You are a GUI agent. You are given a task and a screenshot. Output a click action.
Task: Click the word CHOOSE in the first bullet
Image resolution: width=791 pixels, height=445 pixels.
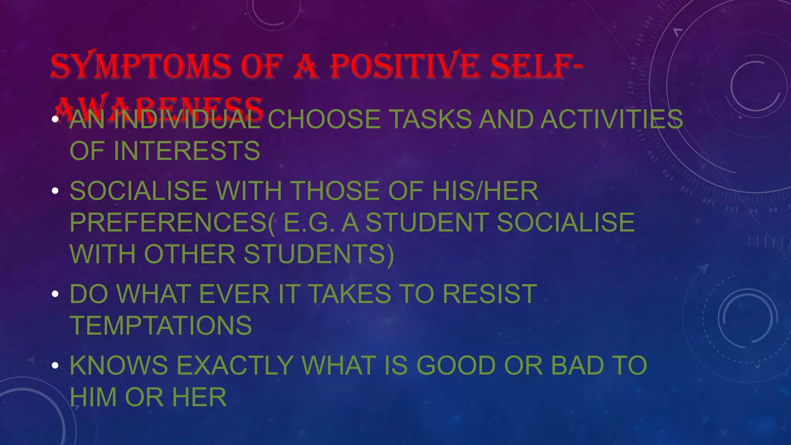[x=324, y=119]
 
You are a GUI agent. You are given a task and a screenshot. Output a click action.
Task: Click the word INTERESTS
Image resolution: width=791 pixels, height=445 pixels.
[x=187, y=151]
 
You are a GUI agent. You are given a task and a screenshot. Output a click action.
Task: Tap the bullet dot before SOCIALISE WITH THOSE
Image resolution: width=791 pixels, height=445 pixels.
[x=55, y=191]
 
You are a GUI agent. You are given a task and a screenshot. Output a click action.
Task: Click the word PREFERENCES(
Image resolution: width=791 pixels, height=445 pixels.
[x=172, y=222]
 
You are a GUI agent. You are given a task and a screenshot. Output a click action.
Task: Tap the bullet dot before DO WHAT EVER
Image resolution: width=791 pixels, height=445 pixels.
[x=55, y=294]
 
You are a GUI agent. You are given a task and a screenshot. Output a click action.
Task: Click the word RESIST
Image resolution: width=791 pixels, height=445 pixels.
[x=489, y=294]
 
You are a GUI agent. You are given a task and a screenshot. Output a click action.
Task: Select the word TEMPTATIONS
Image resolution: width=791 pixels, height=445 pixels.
[x=161, y=326]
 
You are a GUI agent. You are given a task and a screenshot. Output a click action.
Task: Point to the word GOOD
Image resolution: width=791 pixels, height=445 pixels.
[x=456, y=365]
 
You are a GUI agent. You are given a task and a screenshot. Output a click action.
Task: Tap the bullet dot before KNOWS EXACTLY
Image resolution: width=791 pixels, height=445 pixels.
[x=55, y=365]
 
